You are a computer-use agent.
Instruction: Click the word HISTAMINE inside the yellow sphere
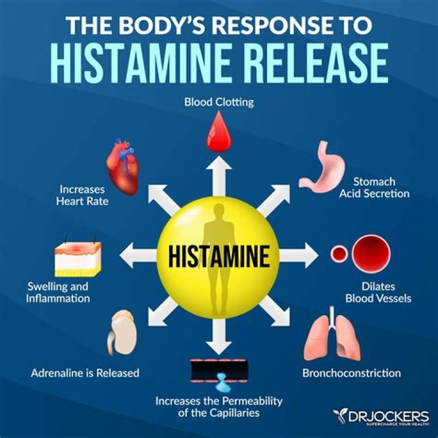click(218, 256)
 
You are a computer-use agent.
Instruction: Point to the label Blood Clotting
click(219, 102)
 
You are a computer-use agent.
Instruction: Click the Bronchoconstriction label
click(352, 373)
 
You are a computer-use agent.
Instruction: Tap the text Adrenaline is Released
click(85, 373)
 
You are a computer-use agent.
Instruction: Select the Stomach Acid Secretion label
click(374, 188)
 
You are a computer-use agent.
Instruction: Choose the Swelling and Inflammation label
click(58, 293)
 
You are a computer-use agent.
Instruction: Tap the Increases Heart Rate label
click(84, 195)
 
